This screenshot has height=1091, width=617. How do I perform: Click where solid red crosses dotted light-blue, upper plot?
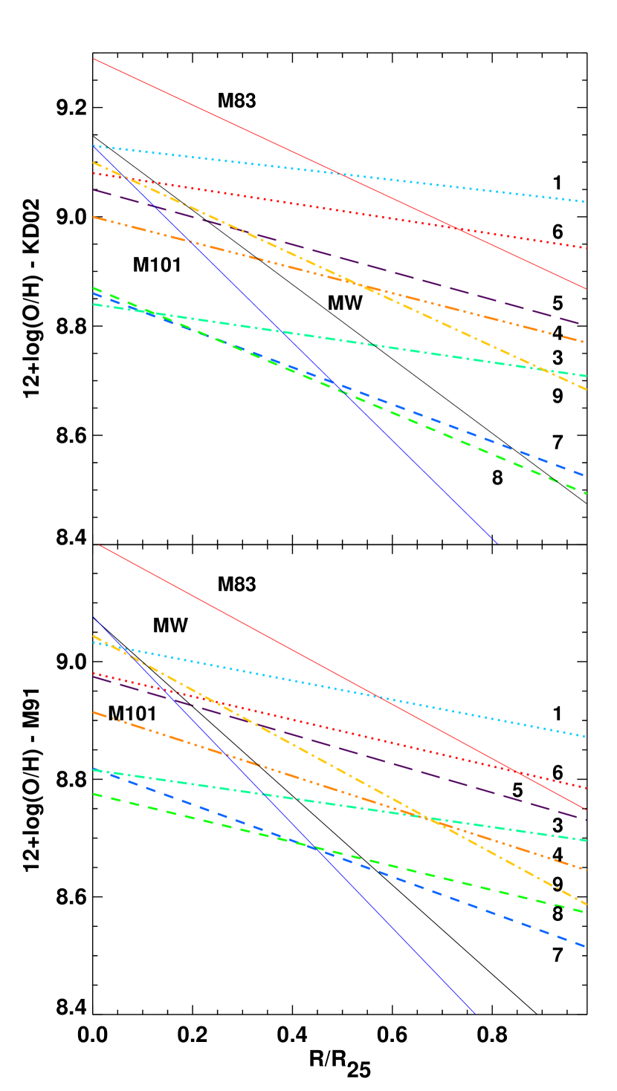point(340,175)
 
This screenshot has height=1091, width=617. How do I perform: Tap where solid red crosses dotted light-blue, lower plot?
point(379,697)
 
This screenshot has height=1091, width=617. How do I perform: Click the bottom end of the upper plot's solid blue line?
point(496,543)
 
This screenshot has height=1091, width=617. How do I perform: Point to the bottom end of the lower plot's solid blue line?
point(474,1013)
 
